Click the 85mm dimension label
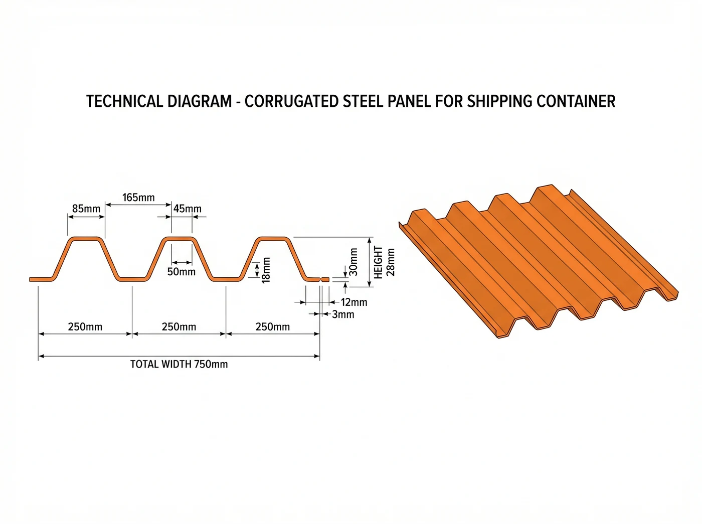[x=86, y=209]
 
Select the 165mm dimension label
[x=138, y=198]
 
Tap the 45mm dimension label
[x=187, y=209]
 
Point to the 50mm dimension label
[x=181, y=272]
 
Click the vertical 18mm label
[x=266, y=270]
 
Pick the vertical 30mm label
[x=354, y=262]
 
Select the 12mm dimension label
[x=354, y=302]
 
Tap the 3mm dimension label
[x=343, y=315]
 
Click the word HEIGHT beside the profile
[x=379, y=262]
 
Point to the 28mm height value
[x=391, y=262]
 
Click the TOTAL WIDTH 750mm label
[x=179, y=365]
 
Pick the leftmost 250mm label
[x=85, y=327]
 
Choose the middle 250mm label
[x=179, y=327]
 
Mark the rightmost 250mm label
[x=273, y=327]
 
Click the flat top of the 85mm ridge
[x=86, y=239]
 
